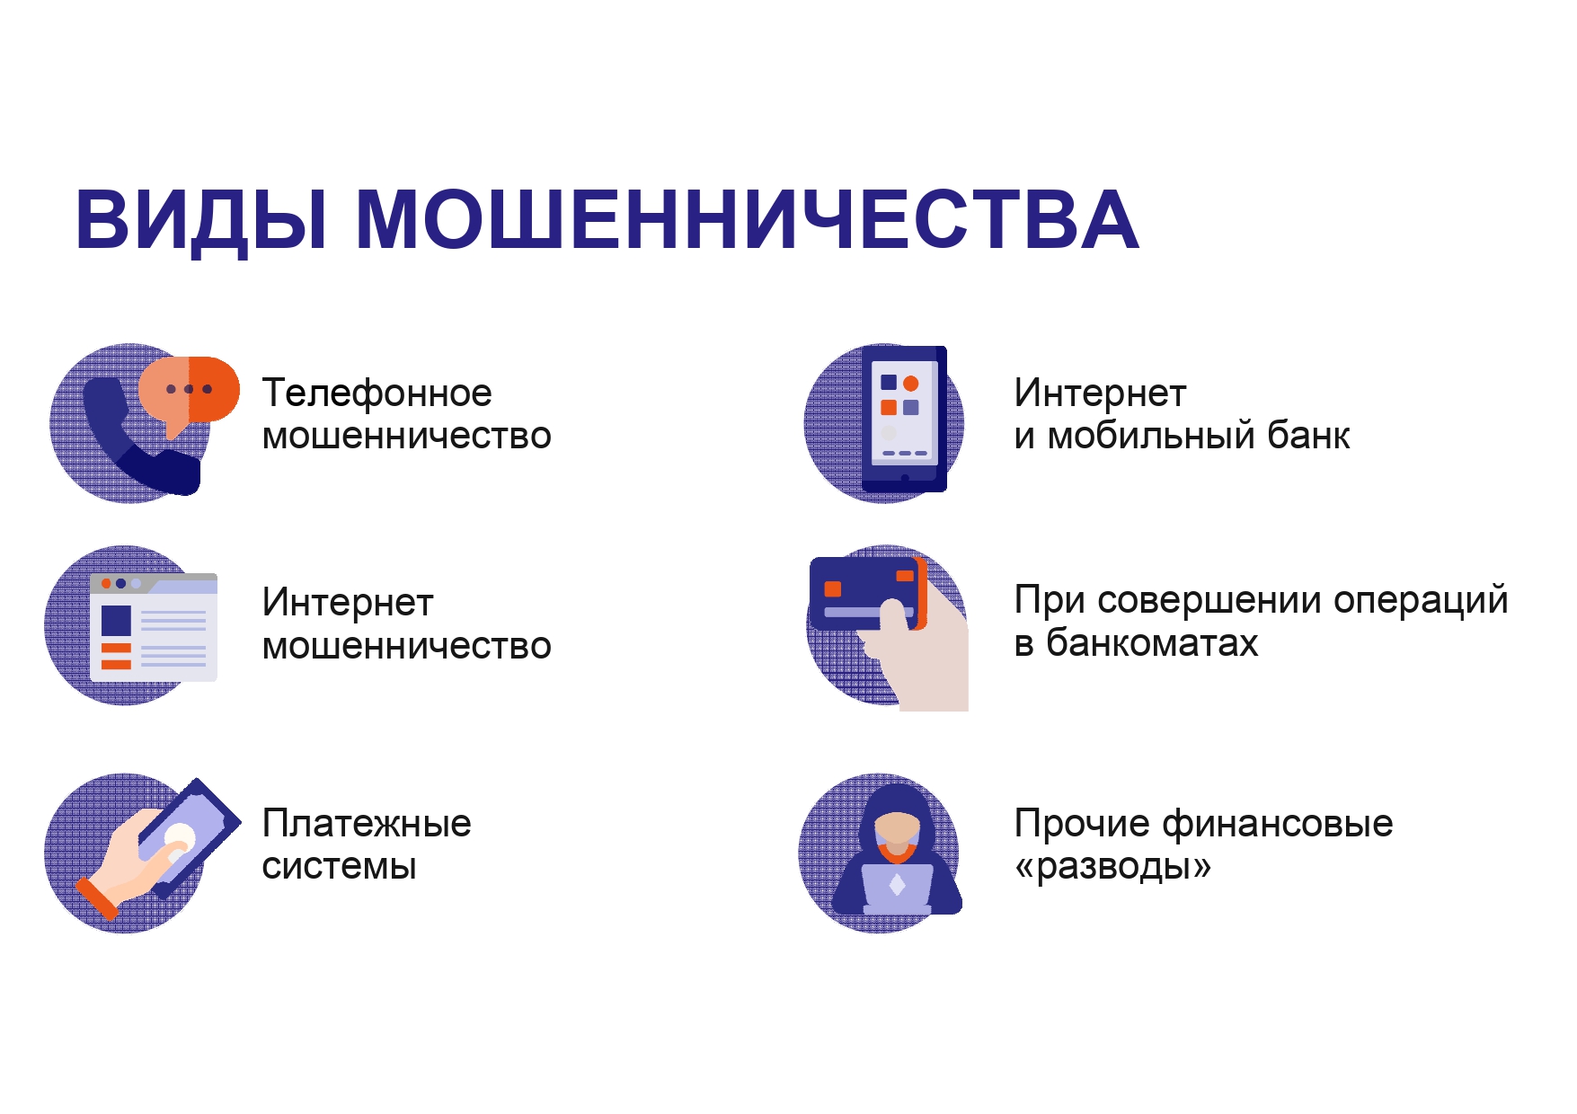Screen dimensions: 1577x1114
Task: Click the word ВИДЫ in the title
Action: click(201, 221)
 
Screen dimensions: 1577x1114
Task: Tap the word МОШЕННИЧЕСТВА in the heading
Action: click(748, 219)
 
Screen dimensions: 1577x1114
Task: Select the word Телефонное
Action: click(377, 393)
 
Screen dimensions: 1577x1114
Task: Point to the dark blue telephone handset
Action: click(135, 440)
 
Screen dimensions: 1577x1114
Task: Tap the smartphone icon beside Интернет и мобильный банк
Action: click(904, 419)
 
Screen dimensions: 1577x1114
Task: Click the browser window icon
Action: click(154, 627)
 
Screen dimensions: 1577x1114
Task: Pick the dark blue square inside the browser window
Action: click(117, 621)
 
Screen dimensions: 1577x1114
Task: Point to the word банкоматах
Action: click(1152, 643)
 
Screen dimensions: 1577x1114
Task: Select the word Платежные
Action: click(367, 824)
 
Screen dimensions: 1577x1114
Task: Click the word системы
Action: click(340, 867)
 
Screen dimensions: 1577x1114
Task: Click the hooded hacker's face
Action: click(897, 830)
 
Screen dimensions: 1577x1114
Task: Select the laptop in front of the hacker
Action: click(898, 889)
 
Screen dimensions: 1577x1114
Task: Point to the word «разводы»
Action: click(1112, 867)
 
